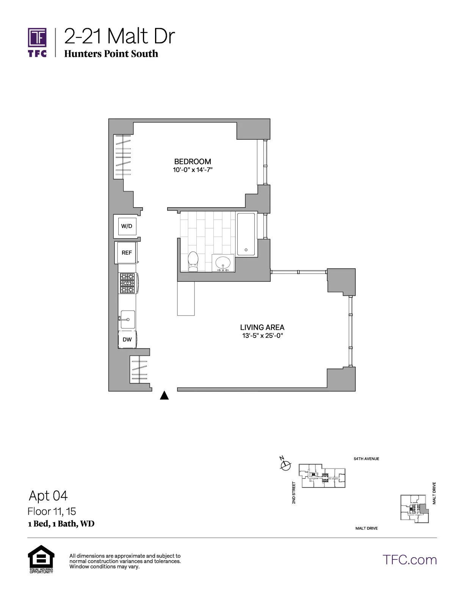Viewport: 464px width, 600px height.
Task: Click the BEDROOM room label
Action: point(193,161)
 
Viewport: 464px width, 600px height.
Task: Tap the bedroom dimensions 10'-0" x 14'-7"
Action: point(193,170)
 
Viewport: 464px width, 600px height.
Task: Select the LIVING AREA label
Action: point(262,327)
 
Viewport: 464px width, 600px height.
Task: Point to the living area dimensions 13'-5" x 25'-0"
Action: point(262,336)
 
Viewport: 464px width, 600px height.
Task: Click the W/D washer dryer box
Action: point(127,226)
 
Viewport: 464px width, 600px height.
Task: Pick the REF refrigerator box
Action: point(127,253)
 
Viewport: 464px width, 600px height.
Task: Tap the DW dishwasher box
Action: point(127,339)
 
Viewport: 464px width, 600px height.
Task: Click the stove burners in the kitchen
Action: point(127,283)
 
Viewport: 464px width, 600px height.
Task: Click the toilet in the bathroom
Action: point(193,261)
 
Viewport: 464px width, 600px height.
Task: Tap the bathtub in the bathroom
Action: point(246,234)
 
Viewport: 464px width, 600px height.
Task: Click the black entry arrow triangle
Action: point(164,395)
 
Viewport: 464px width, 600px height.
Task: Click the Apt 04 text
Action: point(48,495)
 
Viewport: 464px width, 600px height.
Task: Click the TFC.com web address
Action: point(409,559)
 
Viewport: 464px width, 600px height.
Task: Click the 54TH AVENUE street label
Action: point(366,459)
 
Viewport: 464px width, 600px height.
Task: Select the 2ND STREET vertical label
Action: point(294,492)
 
